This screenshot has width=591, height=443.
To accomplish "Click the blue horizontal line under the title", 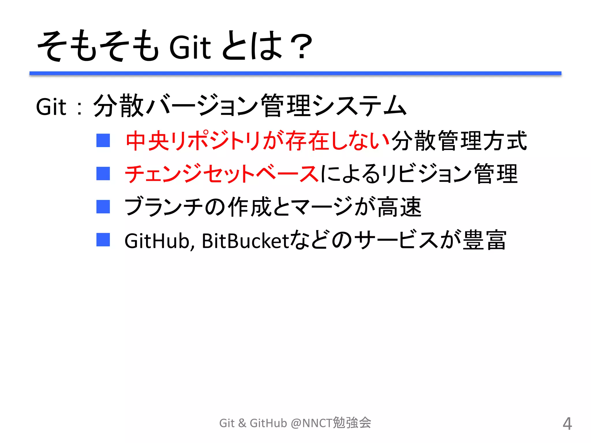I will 295,74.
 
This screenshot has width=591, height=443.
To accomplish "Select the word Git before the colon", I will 51,107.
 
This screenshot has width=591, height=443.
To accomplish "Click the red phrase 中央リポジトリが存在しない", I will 257,141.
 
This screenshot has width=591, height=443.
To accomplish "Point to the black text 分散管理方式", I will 459,141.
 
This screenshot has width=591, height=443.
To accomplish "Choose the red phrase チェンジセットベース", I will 222,174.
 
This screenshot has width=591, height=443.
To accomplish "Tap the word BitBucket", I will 245,241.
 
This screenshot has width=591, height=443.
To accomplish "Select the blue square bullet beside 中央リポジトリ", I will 103,140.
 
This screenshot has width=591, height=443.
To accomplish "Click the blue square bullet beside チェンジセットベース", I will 103,174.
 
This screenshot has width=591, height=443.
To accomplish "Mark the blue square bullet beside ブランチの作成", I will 103,207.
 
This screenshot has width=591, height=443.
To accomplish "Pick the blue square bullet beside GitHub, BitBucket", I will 103,240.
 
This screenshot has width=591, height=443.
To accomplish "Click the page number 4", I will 567,424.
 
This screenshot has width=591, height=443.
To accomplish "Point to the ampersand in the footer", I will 242,423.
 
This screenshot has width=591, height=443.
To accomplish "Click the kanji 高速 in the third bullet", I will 399,207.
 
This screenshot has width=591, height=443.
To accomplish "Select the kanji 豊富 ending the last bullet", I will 485,240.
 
